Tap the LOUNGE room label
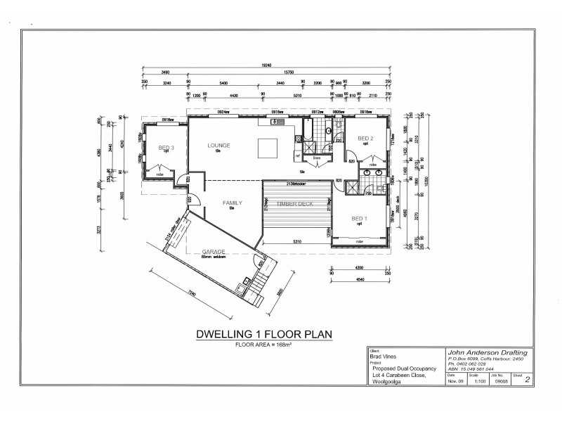(218, 146)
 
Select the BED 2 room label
(366, 139)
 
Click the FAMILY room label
(233, 203)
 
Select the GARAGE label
(213, 251)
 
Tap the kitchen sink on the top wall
(275, 123)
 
